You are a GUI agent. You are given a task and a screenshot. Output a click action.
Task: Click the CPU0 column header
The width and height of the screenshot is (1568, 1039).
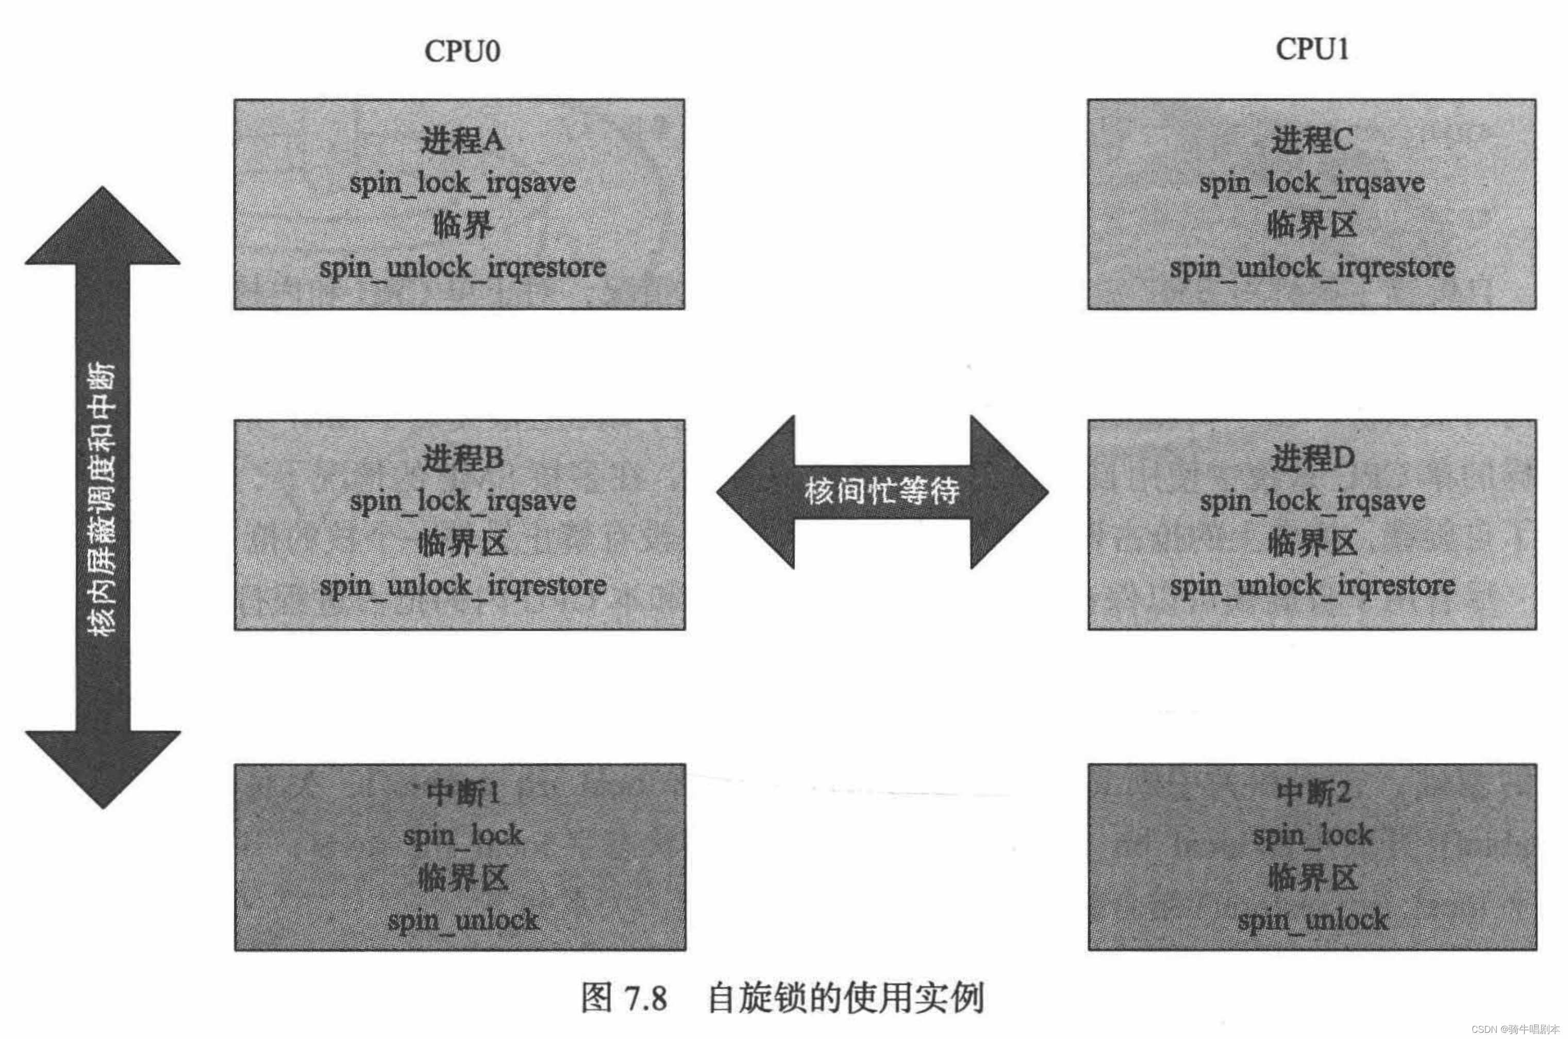point(462,51)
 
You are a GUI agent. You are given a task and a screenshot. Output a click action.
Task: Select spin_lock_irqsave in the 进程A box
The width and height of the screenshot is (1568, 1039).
point(462,183)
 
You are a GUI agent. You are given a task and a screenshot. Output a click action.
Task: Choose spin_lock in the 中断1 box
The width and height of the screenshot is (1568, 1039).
point(462,835)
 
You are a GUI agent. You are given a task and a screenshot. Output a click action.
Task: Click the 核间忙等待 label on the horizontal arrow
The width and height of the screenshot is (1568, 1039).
point(881,492)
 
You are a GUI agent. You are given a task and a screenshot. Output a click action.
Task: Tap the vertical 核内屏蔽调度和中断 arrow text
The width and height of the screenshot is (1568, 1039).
point(102,497)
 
